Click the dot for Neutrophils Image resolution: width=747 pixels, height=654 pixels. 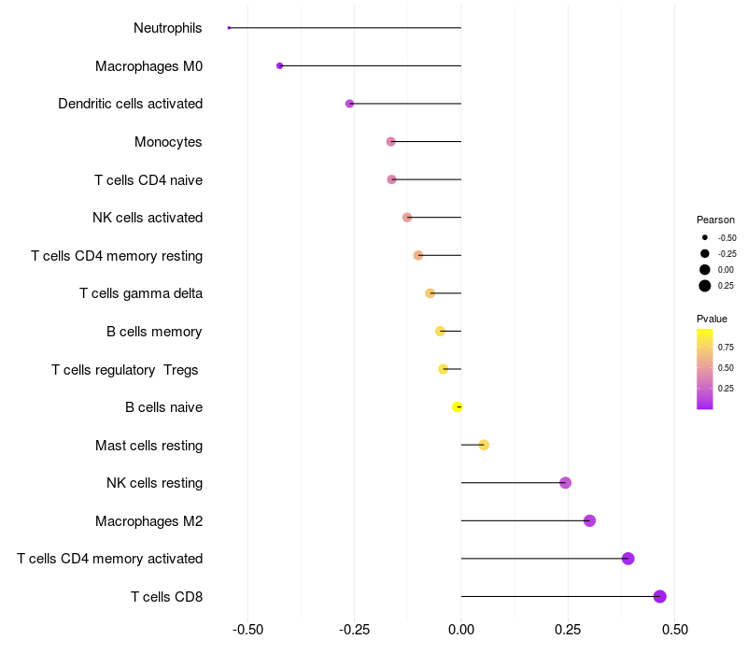pos(229,28)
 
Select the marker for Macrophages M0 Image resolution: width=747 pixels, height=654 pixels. pos(279,65)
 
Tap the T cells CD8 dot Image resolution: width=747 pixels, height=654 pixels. pos(659,596)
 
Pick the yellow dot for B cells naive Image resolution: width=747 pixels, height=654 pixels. pos(458,406)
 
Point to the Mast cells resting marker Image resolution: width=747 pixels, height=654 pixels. pos(484,445)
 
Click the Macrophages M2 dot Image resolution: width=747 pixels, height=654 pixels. pos(589,520)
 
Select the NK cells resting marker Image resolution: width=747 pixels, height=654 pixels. pos(565,482)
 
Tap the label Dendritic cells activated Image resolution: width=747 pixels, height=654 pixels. pos(130,104)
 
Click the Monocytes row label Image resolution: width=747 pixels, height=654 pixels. pos(168,142)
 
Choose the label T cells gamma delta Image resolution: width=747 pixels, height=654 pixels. pos(141,293)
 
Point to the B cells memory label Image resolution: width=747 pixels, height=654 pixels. pos(154,332)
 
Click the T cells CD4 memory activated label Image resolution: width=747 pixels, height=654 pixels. pos(109,559)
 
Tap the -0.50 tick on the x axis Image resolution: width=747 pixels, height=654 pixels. pos(247,630)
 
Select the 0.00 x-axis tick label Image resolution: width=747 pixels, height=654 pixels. pos(461,630)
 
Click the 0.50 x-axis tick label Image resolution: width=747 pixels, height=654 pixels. pos(674,630)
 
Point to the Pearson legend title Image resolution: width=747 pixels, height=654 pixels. pos(715,220)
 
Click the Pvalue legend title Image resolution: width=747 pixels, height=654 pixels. pos(712,319)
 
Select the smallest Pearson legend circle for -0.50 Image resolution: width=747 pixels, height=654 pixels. pos(705,237)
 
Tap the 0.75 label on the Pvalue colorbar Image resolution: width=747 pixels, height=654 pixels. pos(726,347)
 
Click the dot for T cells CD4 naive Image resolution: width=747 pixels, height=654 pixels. pos(391,179)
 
